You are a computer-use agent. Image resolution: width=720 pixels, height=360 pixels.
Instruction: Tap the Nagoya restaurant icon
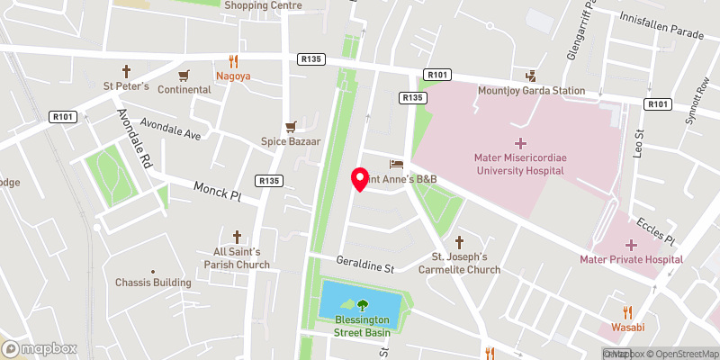click(x=232, y=60)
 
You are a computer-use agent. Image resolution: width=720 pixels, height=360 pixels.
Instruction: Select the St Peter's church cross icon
click(x=126, y=70)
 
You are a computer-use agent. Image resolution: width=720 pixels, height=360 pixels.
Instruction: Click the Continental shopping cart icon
click(x=184, y=75)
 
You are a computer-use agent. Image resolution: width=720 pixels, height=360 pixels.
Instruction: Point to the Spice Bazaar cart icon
click(x=290, y=127)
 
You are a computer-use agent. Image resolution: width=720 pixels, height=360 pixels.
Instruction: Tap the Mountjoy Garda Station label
click(x=531, y=90)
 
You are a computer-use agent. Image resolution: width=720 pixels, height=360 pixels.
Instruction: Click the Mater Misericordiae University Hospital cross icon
click(x=519, y=143)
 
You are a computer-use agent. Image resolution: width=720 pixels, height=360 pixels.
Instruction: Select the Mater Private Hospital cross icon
click(x=631, y=245)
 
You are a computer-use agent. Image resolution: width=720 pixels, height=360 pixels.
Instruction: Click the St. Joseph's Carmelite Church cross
click(x=459, y=241)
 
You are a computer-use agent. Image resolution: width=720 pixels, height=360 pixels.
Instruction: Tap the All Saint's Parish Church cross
click(x=238, y=236)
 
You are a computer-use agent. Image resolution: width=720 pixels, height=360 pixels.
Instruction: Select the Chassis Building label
click(x=153, y=282)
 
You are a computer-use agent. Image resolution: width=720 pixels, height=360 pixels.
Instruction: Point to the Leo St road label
click(x=641, y=143)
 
